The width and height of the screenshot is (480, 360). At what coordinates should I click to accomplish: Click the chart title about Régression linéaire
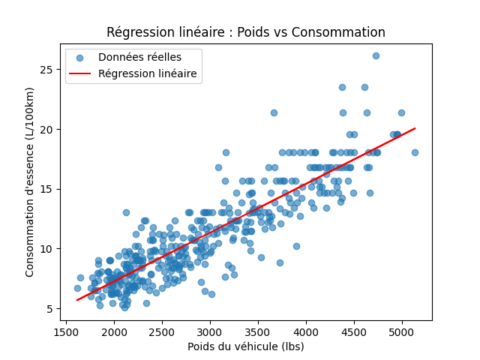click(x=246, y=32)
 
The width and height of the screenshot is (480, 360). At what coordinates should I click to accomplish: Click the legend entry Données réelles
click(x=139, y=57)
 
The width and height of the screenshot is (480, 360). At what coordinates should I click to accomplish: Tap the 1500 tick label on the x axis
click(x=66, y=332)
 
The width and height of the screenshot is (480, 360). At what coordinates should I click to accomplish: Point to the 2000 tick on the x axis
click(x=114, y=332)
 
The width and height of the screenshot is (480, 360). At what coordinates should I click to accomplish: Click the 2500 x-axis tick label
click(x=162, y=332)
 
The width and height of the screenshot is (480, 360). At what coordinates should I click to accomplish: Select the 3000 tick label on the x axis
click(x=210, y=332)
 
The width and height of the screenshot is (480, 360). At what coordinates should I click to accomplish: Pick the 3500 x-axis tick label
click(x=258, y=332)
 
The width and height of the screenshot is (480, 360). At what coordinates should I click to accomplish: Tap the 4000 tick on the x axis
click(x=306, y=332)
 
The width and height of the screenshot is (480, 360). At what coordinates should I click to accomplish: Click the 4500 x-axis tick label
click(x=354, y=332)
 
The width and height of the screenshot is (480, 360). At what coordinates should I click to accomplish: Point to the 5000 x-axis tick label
click(x=402, y=332)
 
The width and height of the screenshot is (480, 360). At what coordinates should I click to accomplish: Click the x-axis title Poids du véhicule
click(x=246, y=346)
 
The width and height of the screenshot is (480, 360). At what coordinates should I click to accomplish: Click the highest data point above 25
click(x=376, y=55)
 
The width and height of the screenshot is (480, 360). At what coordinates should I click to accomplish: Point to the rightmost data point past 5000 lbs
click(x=415, y=152)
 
